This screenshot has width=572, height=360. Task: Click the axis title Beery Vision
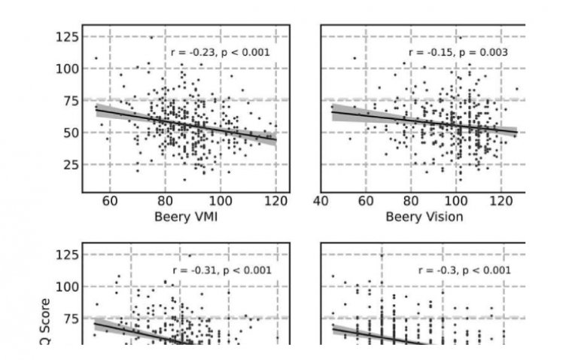click(424, 218)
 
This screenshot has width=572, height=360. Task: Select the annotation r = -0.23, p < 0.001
click(220, 53)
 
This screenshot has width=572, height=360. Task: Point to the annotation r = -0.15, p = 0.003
click(458, 53)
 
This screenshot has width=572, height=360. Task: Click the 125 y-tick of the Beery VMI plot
click(68, 36)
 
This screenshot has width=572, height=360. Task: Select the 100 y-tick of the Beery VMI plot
click(68, 69)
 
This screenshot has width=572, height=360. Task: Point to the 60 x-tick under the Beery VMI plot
click(109, 201)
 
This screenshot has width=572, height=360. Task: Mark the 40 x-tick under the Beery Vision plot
click(322, 201)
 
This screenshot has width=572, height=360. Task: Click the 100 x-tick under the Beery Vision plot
click(455, 201)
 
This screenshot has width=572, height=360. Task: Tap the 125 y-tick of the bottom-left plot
click(68, 255)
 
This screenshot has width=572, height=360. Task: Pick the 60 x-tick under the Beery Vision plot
click(367, 201)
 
